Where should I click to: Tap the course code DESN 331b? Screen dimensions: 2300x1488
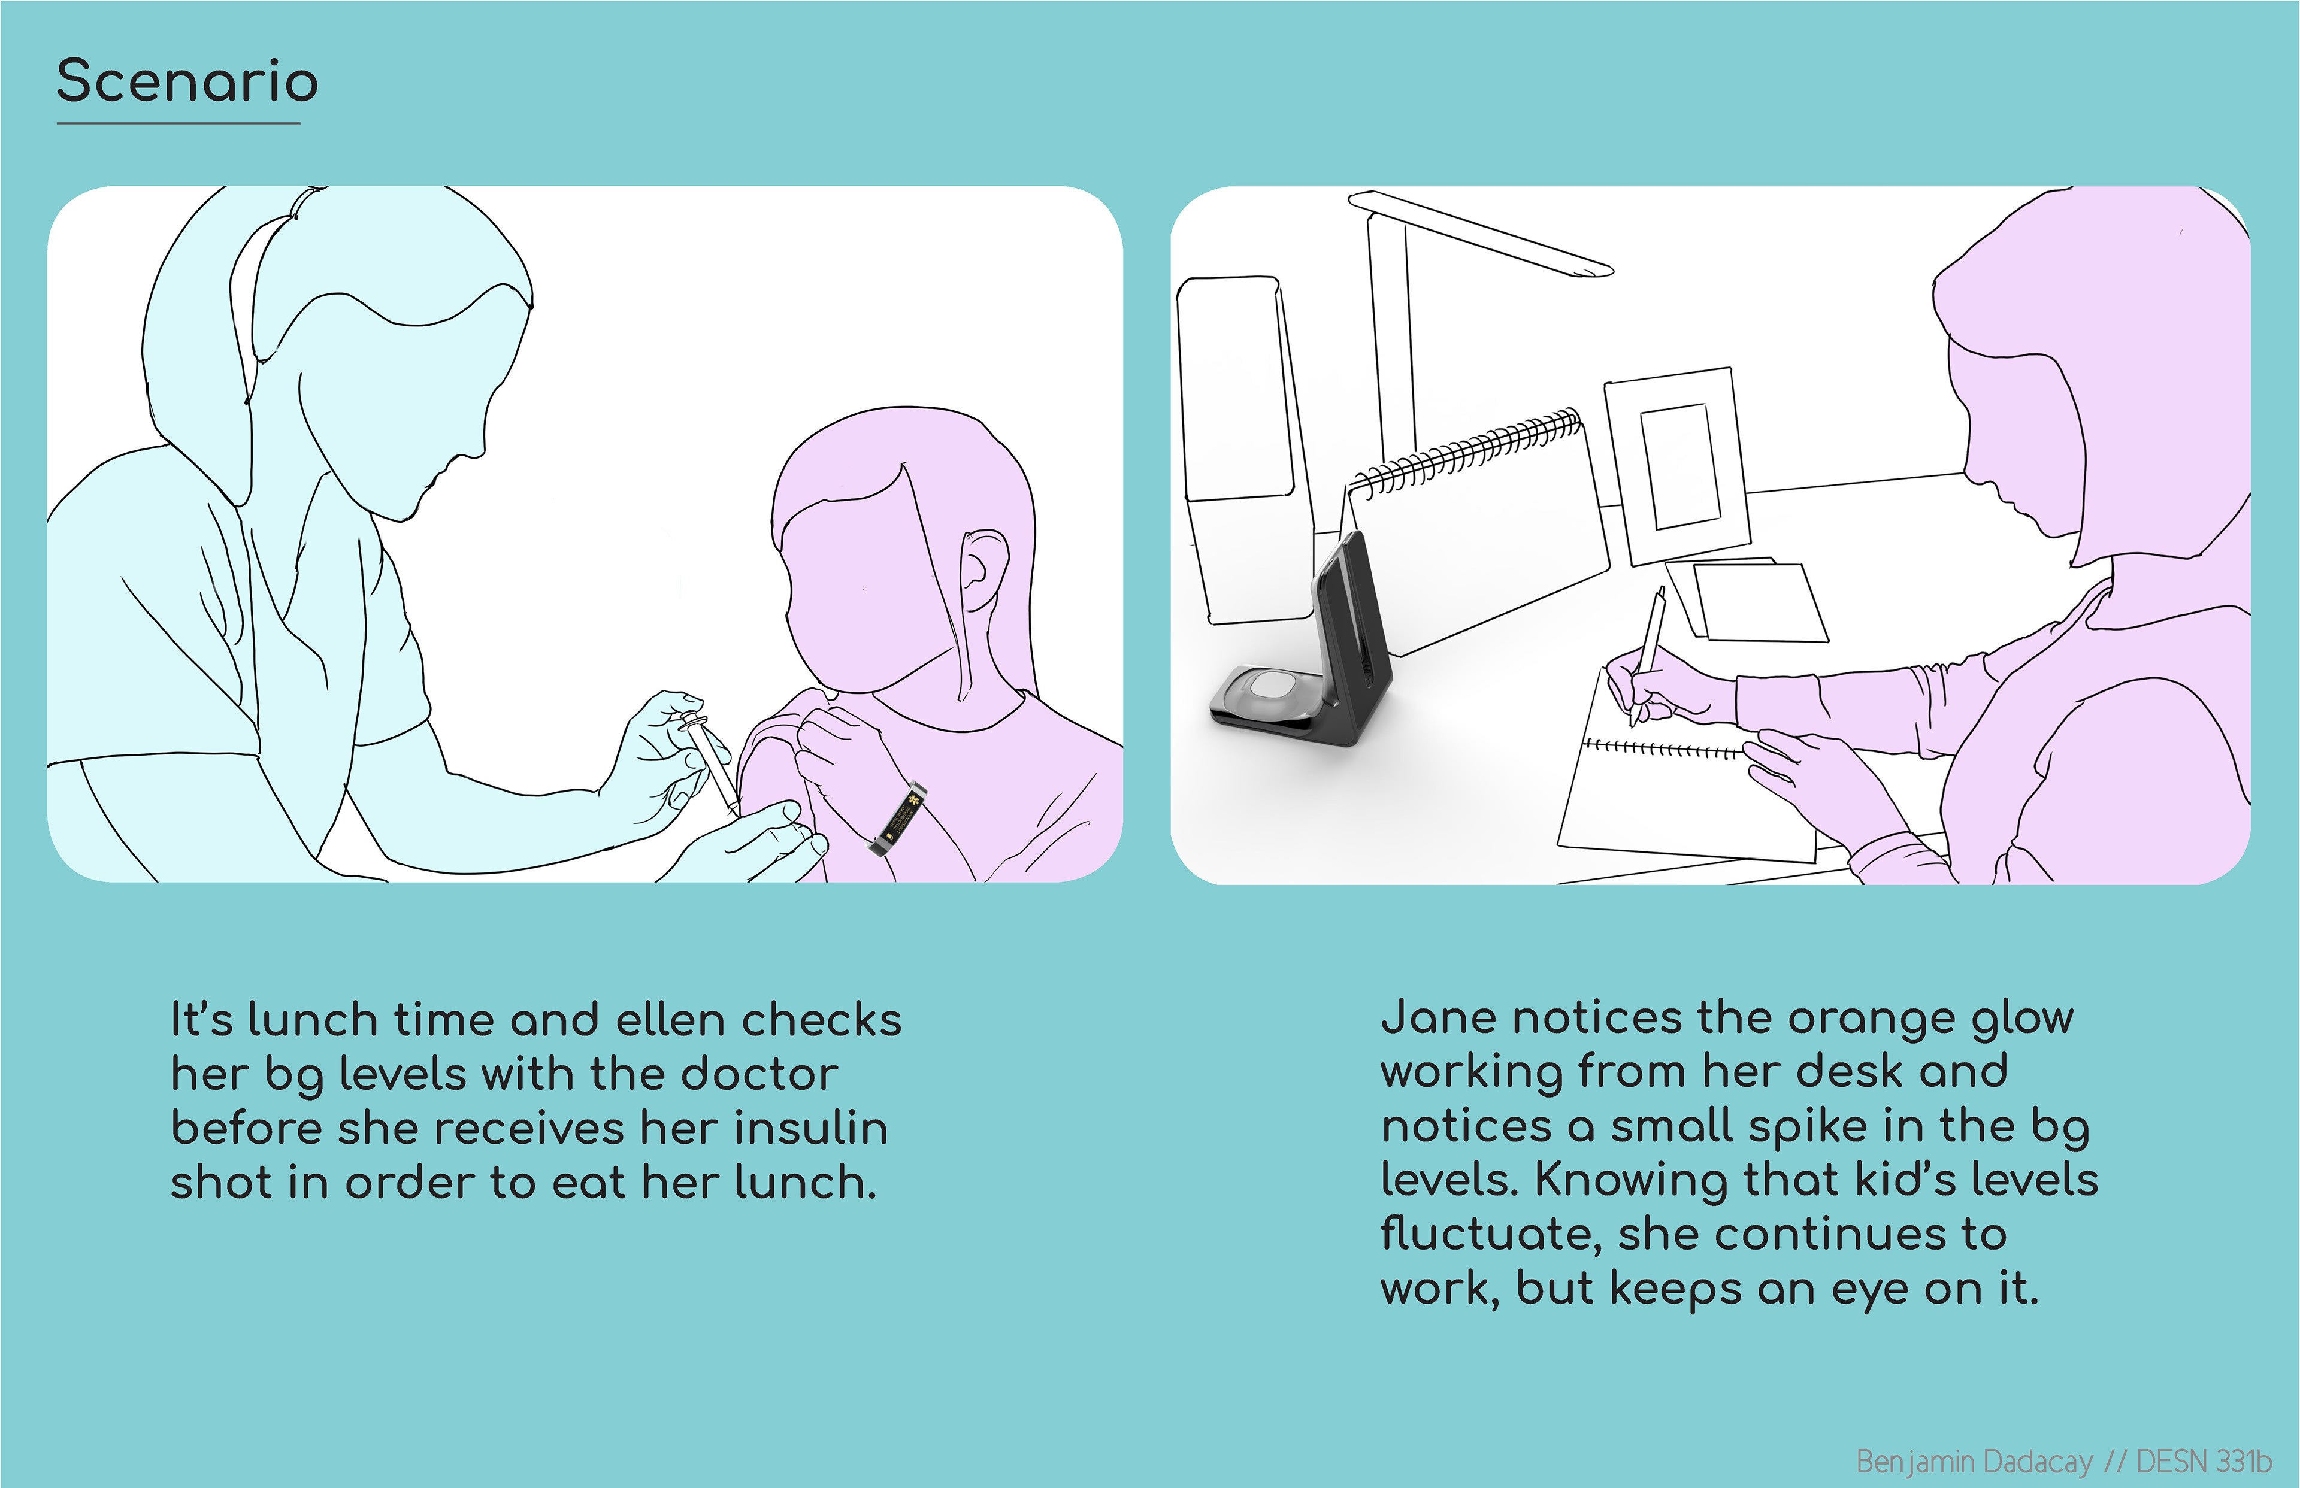(2204, 1461)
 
